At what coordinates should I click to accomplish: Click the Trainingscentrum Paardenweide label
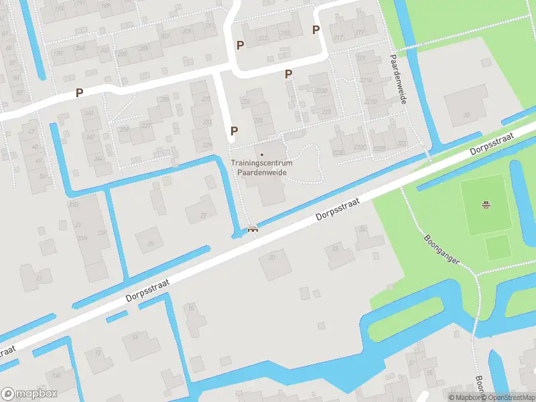(x=261, y=167)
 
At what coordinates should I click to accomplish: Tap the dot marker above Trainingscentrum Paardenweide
(x=261, y=155)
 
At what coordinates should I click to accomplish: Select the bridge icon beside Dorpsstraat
(x=253, y=230)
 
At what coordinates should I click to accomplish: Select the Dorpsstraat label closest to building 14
(x=147, y=291)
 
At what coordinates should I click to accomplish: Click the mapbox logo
(x=29, y=393)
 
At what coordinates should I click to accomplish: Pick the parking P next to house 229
(x=234, y=131)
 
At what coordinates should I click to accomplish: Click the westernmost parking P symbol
(x=79, y=93)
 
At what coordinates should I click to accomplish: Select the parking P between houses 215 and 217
(x=316, y=29)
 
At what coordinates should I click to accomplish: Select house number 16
(x=191, y=309)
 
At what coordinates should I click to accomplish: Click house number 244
(x=99, y=158)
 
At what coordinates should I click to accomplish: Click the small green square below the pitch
(x=497, y=248)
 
